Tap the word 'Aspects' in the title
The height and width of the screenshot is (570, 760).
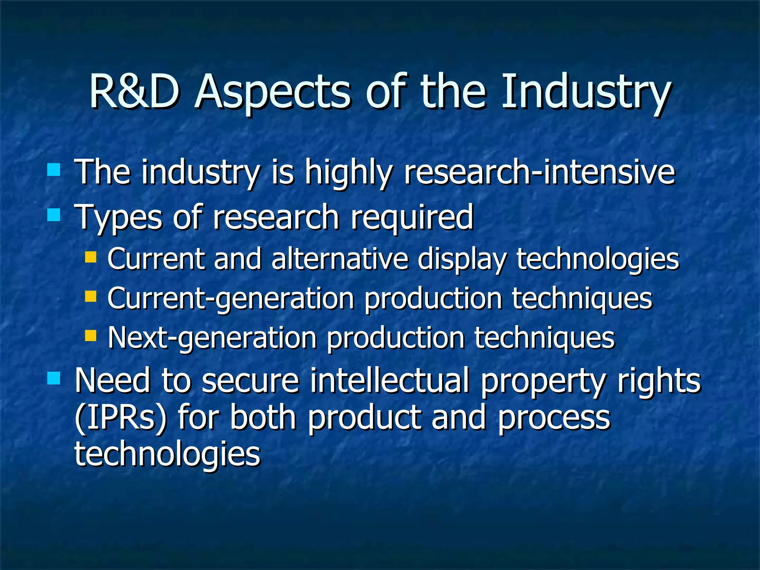point(272,93)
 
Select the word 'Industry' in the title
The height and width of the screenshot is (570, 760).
point(586,93)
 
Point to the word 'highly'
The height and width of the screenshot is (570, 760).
point(348,173)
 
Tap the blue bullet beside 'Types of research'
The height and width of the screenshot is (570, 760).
point(54,214)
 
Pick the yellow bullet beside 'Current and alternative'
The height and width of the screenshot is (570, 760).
point(91,257)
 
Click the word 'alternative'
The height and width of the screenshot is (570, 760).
point(340,259)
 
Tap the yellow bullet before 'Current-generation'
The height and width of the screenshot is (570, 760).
point(91,296)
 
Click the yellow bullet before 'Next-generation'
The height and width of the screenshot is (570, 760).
point(91,335)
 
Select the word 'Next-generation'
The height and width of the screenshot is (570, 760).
point(212,338)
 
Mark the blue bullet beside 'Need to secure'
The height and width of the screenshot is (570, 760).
point(54,379)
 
